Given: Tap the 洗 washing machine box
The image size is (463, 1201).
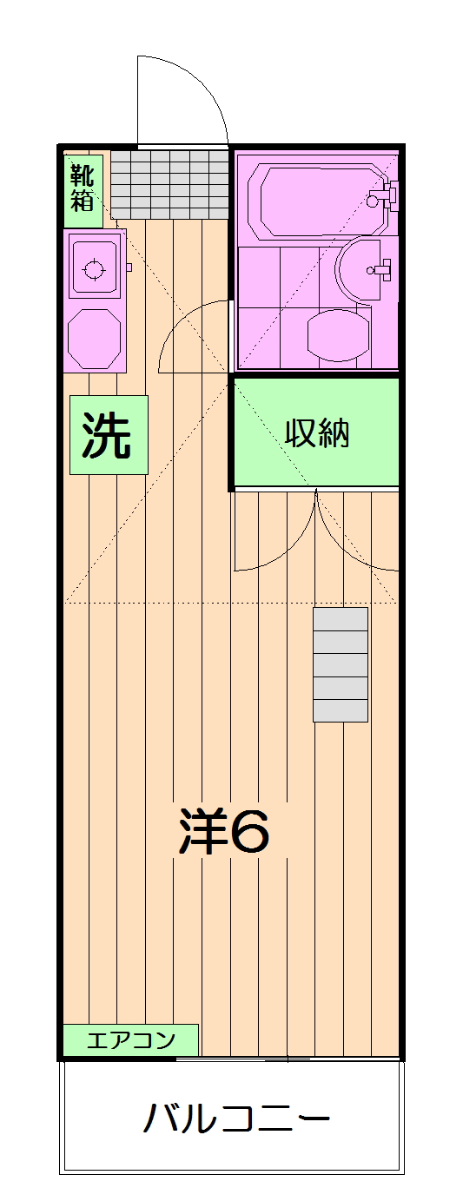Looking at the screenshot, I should click(x=108, y=435).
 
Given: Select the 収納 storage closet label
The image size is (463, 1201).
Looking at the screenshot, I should click(x=317, y=433).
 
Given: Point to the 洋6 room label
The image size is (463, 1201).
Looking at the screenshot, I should click(x=224, y=833).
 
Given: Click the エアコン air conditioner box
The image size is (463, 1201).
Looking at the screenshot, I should click(x=131, y=1039).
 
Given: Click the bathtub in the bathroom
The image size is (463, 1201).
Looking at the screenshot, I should click(x=316, y=199).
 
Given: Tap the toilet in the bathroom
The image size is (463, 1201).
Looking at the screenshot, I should click(x=339, y=335).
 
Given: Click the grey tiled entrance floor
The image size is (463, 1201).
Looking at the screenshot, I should click(x=169, y=184).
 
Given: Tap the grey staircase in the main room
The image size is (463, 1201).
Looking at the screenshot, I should click(x=340, y=664).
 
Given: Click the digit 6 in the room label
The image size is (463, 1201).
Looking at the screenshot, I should click(x=250, y=833).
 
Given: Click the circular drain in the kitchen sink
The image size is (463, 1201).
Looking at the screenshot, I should click(x=94, y=268).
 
